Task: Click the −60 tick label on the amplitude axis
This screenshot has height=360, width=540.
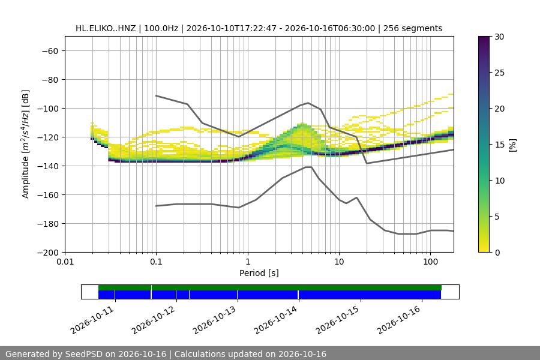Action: (x=50, y=51)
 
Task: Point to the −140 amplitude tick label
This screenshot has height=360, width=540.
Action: (x=48, y=166)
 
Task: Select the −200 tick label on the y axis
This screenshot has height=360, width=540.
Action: (x=48, y=253)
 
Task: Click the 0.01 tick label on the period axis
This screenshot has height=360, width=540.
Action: (x=65, y=262)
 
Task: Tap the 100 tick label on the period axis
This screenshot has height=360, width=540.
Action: (x=430, y=262)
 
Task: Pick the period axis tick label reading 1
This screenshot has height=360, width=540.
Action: (x=248, y=262)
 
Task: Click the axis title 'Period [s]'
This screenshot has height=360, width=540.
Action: (x=259, y=273)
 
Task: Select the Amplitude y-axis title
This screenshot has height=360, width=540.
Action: (x=26, y=144)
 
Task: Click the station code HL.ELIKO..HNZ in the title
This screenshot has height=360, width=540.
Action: (x=106, y=28)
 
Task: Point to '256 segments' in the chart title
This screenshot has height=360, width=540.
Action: (x=413, y=28)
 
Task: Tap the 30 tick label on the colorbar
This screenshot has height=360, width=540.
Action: (x=499, y=37)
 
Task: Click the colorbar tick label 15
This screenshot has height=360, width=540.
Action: (x=499, y=145)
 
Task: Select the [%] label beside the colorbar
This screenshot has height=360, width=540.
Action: (x=513, y=145)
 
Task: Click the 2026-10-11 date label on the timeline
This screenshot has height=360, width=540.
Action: (x=92, y=320)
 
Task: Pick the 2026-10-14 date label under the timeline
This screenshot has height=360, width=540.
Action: (x=275, y=320)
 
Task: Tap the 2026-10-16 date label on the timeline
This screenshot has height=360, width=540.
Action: (x=398, y=320)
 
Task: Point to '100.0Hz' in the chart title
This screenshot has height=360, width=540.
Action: (x=161, y=28)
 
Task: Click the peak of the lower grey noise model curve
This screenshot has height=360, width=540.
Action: (x=308, y=167)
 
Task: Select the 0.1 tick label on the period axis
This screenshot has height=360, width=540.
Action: (x=156, y=262)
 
